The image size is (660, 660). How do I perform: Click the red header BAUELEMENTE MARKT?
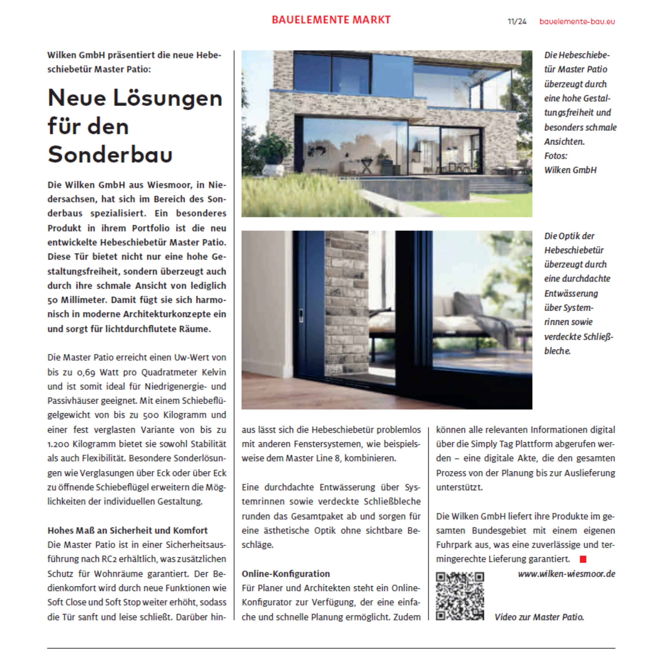pos(331,20)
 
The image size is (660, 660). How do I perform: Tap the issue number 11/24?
pos(517,22)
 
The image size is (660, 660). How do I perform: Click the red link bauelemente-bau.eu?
pos(577,22)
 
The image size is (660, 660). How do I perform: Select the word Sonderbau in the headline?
pos(110,154)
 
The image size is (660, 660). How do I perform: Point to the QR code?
pos(460,596)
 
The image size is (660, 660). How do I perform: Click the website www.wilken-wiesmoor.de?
pos(566,574)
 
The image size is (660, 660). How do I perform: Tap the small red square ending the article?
pos(583,559)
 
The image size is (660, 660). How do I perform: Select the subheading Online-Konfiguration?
pos(286,574)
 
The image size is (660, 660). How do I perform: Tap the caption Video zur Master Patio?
pos(539,617)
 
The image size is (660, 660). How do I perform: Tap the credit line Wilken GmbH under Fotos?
pos(570,170)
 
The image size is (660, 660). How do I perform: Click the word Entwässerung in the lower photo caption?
pos(571,294)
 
